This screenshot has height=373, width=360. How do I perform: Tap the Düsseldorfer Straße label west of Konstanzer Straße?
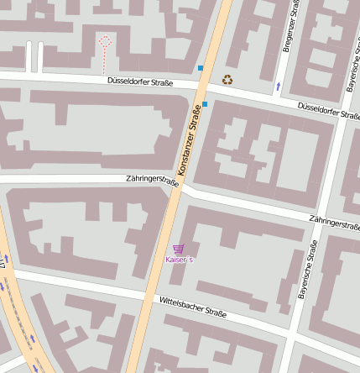(140, 82)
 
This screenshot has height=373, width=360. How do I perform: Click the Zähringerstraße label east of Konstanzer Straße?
(333, 223)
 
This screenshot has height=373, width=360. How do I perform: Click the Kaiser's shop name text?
(179, 260)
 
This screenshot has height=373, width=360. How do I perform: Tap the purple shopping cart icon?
(178, 249)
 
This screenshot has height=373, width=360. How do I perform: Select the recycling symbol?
(227, 80)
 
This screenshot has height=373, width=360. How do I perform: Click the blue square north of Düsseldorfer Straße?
(201, 67)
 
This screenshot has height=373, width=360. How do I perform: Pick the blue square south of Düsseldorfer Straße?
(205, 104)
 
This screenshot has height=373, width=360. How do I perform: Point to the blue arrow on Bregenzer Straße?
(278, 86)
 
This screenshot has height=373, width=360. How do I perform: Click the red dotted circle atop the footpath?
(105, 40)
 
